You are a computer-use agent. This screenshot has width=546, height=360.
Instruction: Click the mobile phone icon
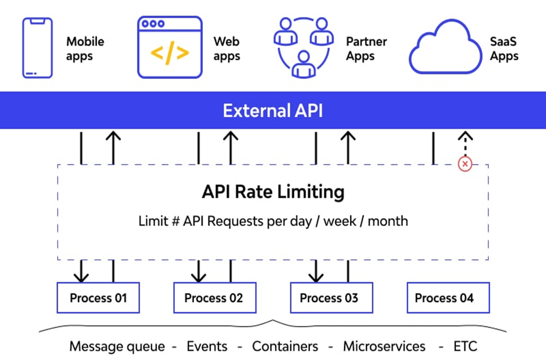click(37, 48)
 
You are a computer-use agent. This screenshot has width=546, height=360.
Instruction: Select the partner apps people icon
click(303, 48)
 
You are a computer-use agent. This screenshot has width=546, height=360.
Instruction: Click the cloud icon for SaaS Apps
click(445, 48)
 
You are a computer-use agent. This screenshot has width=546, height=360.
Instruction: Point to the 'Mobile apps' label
click(85, 49)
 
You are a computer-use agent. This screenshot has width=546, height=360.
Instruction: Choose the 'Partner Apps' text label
click(366, 49)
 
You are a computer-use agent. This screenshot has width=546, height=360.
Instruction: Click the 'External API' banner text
click(273, 111)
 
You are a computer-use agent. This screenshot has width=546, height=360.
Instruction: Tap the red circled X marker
click(465, 164)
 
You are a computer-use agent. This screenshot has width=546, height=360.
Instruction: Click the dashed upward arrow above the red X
click(465, 144)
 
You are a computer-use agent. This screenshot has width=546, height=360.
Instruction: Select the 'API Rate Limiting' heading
click(273, 192)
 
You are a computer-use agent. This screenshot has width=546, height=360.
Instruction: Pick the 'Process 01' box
click(98, 298)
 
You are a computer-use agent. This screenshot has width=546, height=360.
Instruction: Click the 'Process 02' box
click(215, 298)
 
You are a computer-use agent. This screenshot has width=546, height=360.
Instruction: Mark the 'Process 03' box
click(331, 298)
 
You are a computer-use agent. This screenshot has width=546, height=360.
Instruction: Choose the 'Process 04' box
click(448, 298)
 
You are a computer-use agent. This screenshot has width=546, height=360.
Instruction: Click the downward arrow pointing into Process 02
click(199, 272)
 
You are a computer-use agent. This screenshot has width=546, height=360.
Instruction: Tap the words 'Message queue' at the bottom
click(117, 346)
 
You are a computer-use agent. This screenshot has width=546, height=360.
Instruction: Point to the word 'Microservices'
click(384, 346)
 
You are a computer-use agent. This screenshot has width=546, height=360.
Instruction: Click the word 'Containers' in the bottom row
click(285, 346)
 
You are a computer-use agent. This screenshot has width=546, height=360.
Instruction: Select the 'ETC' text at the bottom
click(465, 346)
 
